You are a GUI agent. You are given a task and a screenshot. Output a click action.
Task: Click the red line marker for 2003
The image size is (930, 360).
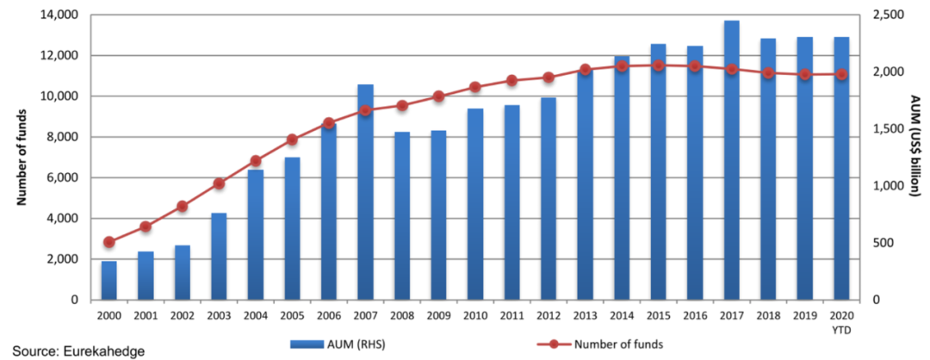tap(219, 183)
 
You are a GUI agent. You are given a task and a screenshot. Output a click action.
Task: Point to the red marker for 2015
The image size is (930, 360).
tap(658, 65)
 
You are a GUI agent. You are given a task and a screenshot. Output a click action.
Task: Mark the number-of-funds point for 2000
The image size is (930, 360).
tap(108, 242)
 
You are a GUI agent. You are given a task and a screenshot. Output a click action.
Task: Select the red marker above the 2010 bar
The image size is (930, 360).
tap(474, 87)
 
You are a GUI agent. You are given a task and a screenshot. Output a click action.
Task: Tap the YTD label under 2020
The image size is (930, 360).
tap(841, 329)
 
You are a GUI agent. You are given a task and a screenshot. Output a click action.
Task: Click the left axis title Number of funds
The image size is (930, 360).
tap(22, 158)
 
